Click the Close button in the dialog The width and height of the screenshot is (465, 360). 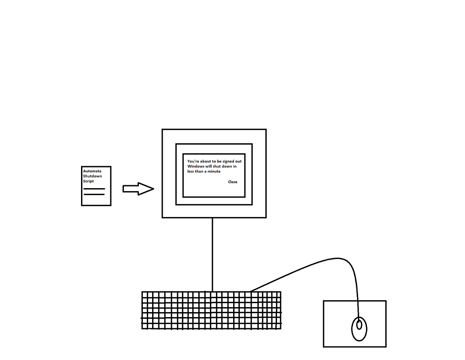tap(232, 182)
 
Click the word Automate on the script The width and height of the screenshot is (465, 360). tap(92, 171)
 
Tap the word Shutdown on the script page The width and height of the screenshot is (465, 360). tap(92, 176)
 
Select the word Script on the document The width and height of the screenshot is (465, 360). tap(88, 181)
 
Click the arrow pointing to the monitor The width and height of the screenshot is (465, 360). tap(138, 189)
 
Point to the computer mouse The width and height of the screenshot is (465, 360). tap(359, 329)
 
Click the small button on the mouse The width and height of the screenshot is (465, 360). tap(359, 324)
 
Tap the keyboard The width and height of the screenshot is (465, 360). tap(211, 310)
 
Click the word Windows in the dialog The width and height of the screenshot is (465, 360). tap(196, 166)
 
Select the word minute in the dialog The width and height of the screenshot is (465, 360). tap(214, 172)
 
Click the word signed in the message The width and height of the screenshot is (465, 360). tap(228, 162)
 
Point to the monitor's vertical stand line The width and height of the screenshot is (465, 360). tap(213, 254)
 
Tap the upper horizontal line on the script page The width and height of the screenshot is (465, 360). tap(94, 189)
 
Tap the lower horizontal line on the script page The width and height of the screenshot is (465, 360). tap(94, 194)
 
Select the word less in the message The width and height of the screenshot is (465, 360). tap(190, 172)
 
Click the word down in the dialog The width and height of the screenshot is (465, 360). tap(227, 166)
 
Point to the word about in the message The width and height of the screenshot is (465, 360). tap(206, 161)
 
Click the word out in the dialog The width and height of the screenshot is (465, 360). tap(238, 161)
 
